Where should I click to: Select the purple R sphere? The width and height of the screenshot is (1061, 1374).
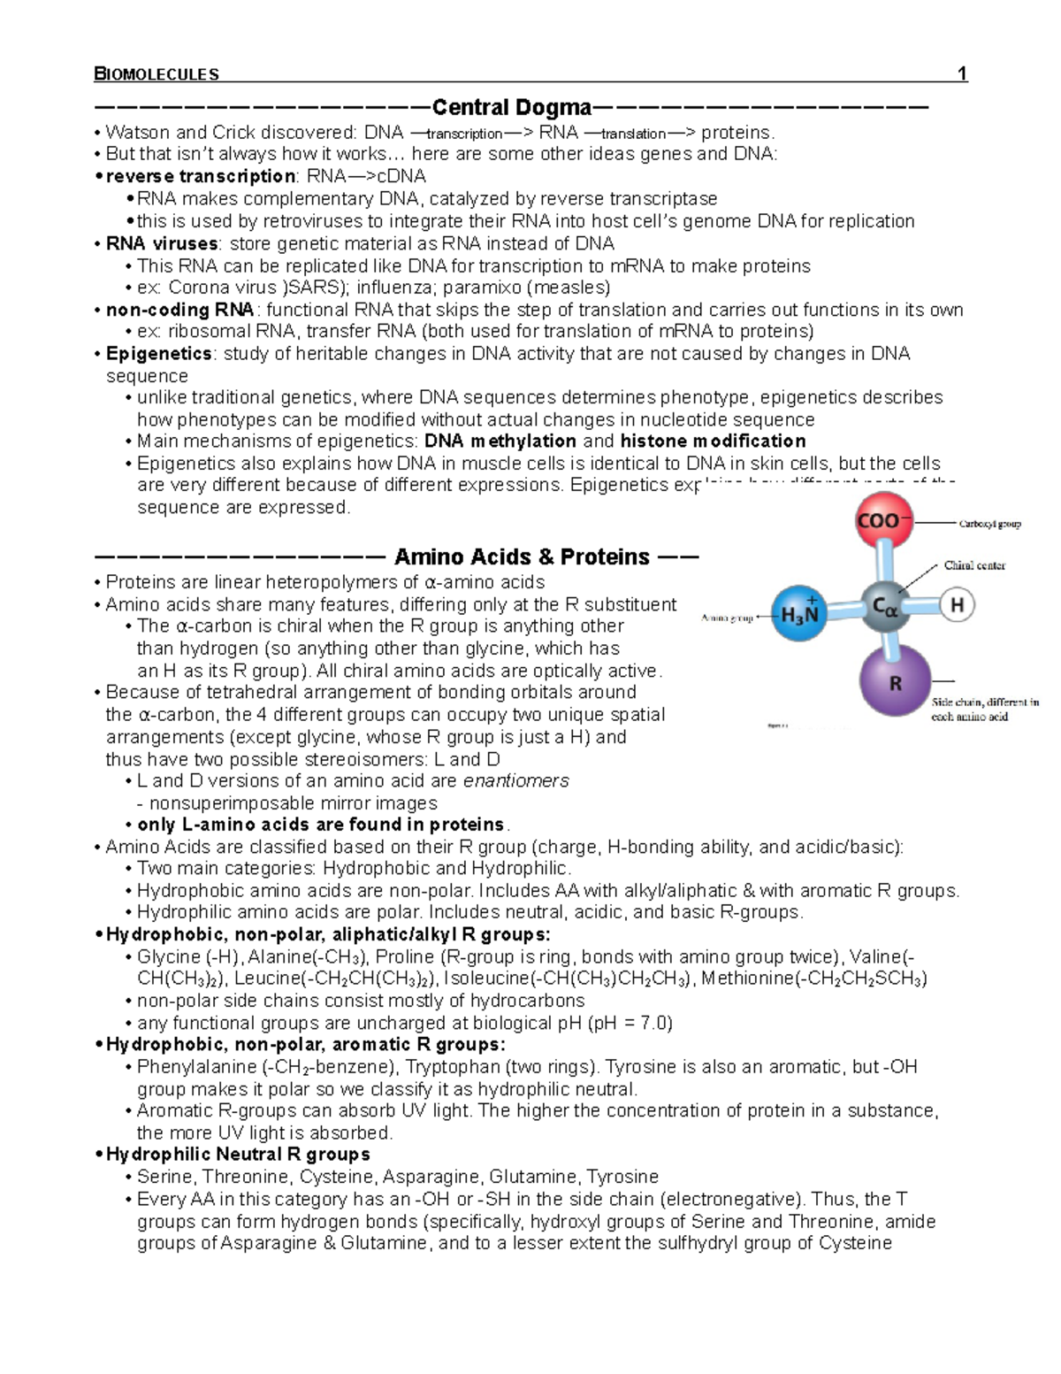(895, 682)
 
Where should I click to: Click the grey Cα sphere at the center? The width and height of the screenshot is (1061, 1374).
(885, 608)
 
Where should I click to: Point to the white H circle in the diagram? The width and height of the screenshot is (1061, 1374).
(956, 606)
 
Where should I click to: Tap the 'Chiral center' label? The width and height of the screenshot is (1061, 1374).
(974, 565)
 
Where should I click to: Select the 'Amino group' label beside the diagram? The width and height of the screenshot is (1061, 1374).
(727, 618)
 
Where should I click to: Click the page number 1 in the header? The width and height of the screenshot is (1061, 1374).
(962, 73)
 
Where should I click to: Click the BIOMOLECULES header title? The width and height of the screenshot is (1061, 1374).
(156, 74)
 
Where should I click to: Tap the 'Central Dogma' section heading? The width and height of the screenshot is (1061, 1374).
(511, 108)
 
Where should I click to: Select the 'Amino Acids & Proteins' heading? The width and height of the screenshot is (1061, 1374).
(521, 557)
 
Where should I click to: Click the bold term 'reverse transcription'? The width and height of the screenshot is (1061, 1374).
(200, 176)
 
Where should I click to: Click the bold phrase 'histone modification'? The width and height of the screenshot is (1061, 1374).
(713, 441)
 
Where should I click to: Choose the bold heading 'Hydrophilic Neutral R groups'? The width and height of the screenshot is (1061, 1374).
(237, 1155)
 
